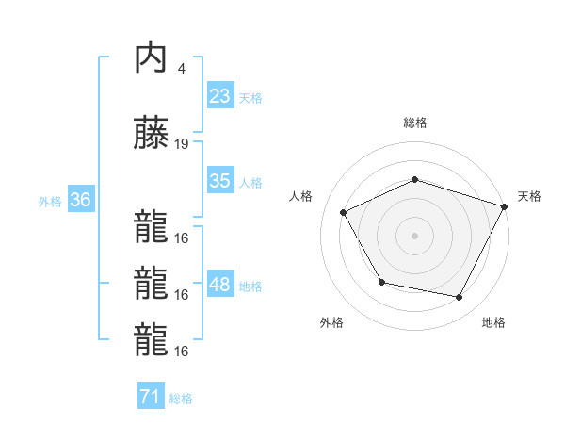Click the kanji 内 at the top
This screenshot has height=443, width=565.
click(151, 58)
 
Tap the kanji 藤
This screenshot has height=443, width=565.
click(151, 134)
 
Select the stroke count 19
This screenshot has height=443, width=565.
click(182, 144)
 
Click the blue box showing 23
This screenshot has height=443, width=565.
click(220, 95)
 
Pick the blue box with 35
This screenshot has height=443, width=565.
click(220, 181)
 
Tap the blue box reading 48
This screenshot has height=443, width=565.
click(220, 285)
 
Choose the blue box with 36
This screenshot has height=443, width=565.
click(80, 200)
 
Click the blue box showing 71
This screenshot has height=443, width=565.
click(150, 397)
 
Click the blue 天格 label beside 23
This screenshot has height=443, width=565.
click(250, 97)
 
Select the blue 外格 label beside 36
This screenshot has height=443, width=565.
click(50, 201)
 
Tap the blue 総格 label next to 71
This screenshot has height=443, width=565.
click(181, 399)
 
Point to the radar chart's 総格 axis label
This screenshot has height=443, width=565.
click(415, 123)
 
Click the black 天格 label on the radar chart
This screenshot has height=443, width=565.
click(529, 196)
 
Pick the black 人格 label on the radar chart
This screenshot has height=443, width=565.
click(301, 196)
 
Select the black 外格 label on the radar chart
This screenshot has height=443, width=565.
click(331, 322)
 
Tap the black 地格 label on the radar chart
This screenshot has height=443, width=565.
click(493, 322)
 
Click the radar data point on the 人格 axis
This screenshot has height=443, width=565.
click(343, 213)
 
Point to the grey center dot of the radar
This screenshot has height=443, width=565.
click(414, 235)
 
